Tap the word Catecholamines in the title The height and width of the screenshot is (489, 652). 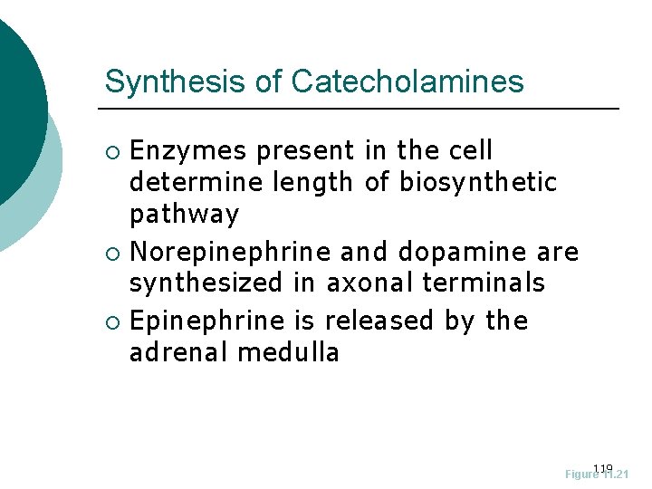tap(407, 81)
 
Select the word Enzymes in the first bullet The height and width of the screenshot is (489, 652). tap(188, 150)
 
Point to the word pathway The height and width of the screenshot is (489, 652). tap(184, 215)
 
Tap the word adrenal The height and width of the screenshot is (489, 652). tap(179, 352)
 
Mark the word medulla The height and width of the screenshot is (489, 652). tap(288, 352)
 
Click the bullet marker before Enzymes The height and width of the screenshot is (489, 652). tap(112, 151)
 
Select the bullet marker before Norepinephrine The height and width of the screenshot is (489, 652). tap(112, 251)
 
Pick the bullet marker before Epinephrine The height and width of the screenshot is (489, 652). tap(112, 321)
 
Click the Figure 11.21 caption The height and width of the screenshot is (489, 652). tap(597, 474)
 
